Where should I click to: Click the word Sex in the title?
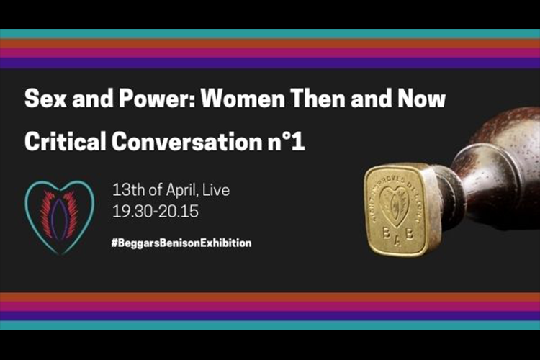point(42,98)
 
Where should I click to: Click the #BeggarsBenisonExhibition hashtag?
point(181,243)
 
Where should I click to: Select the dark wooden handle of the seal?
point(497,158)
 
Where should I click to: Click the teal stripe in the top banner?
point(270,33)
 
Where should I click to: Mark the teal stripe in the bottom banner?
point(270,326)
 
